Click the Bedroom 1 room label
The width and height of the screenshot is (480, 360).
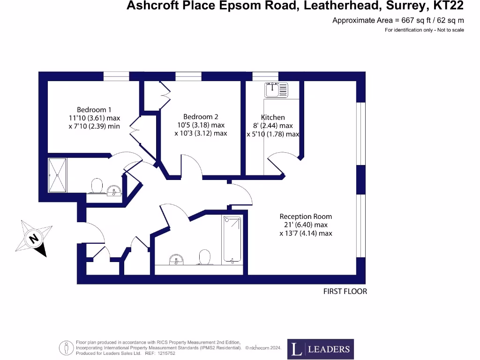94,110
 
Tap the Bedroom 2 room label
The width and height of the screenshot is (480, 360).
201,117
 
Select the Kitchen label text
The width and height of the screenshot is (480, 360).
273,117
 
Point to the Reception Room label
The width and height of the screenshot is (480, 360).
306,217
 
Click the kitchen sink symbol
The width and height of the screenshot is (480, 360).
276,89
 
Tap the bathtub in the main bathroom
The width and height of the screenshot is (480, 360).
232,239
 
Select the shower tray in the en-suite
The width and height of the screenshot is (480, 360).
58,175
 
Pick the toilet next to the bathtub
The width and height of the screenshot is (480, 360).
204,257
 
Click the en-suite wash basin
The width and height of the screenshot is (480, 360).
114,190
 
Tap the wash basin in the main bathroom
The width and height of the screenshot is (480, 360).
176,259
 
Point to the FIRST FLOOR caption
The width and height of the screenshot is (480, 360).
345,292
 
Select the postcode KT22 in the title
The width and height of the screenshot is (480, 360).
447,6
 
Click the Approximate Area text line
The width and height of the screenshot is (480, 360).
398,20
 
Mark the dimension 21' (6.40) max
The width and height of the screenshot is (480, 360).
306,225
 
